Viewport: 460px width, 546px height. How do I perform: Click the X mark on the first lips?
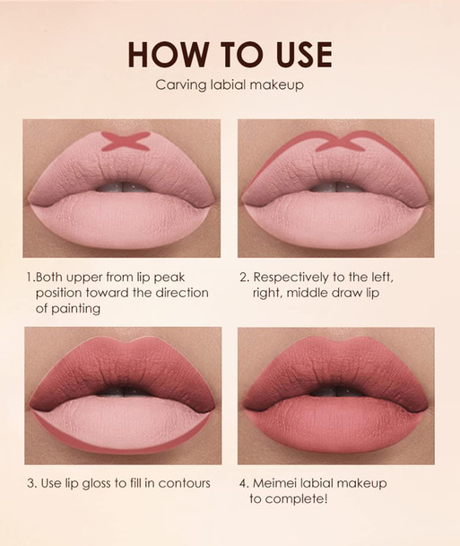click(123, 140)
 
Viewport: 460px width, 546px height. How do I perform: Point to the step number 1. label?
click(30, 277)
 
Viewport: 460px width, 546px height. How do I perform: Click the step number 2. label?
click(244, 277)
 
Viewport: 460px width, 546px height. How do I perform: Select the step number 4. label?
click(245, 483)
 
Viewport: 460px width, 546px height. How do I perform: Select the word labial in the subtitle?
click(230, 86)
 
